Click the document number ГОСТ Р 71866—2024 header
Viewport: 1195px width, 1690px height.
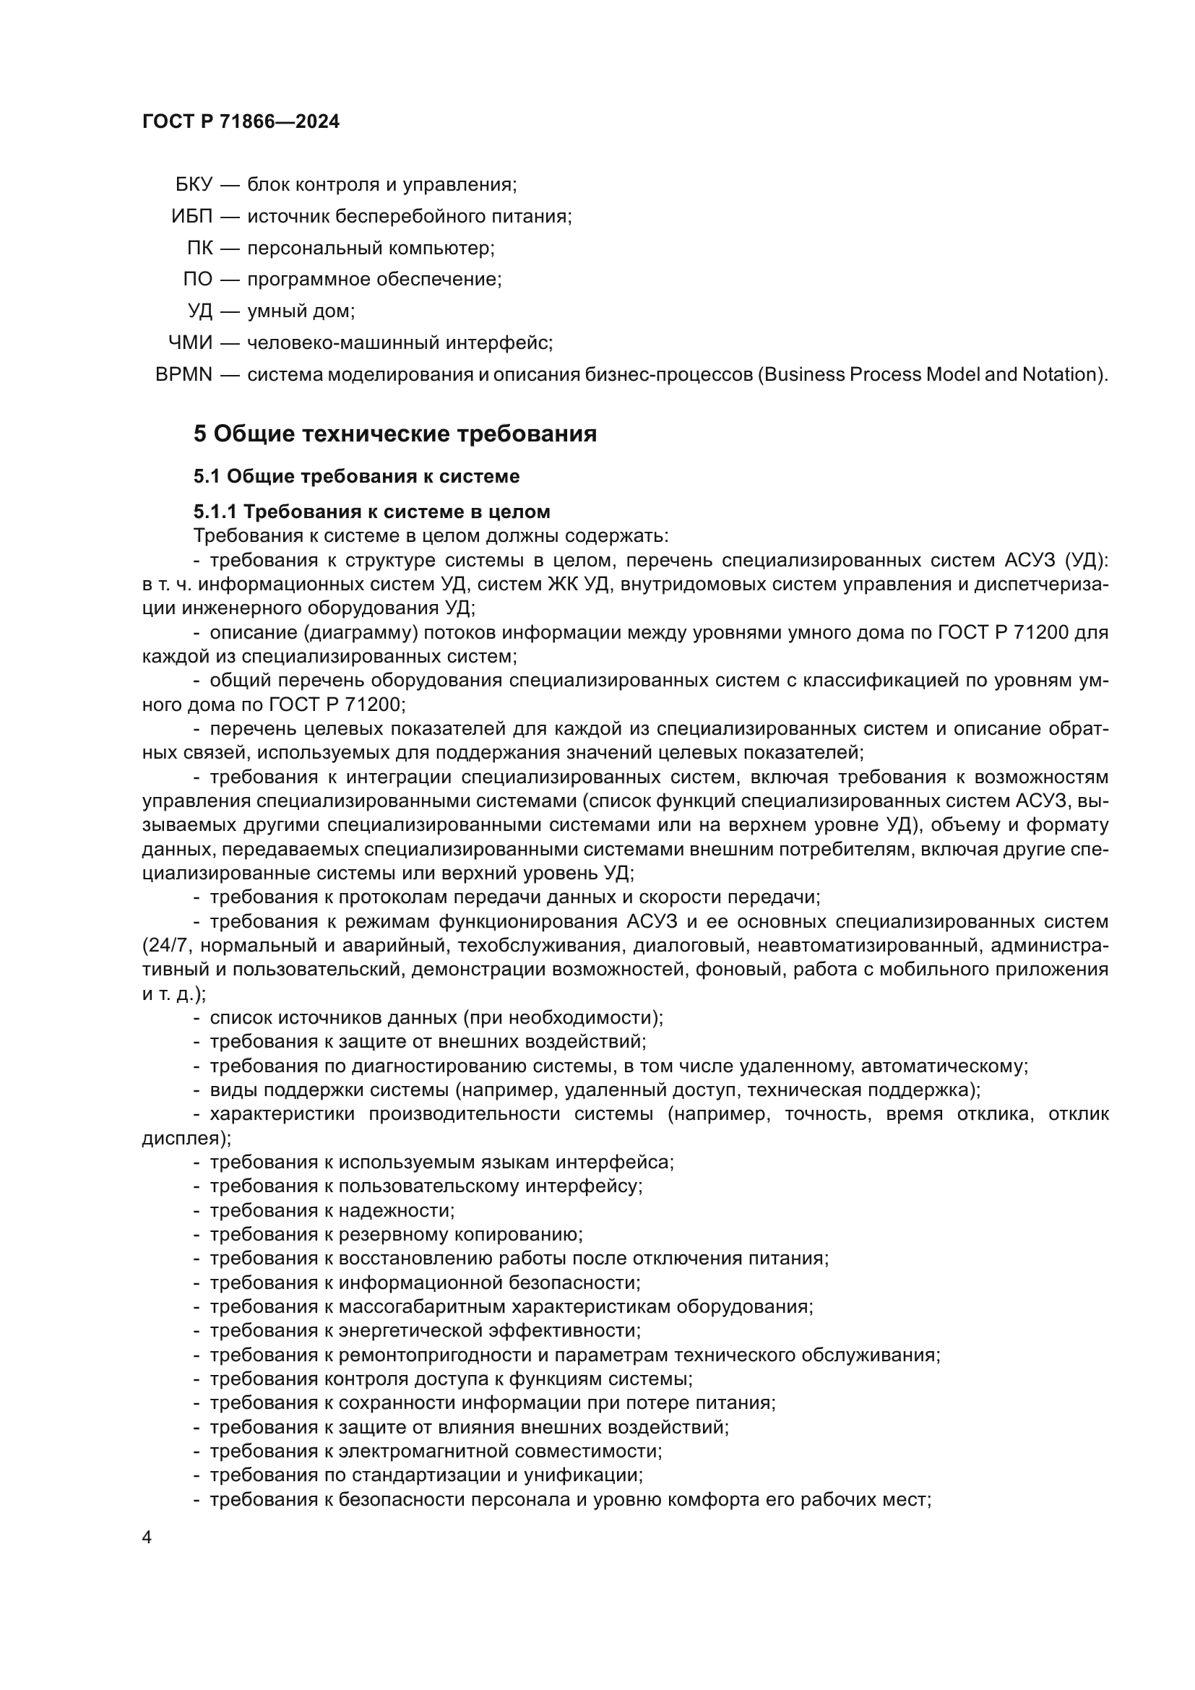tap(241, 122)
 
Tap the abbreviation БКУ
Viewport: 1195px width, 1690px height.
tap(194, 185)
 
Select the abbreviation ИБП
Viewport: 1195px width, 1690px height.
tap(192, 217)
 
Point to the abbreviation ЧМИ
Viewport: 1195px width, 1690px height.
tap(191, 343)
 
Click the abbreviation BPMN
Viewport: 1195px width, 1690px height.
tap(184, 375)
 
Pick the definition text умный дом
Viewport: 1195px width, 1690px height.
tap(301, 311)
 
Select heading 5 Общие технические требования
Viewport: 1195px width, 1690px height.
tap(395, 434)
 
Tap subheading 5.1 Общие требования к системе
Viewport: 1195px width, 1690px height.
tap(357, 477)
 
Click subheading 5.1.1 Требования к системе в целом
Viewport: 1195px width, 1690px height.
tap(371, 512)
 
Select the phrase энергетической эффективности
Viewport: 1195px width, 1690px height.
tap(488, 1331)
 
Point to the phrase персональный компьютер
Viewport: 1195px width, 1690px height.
tap(370, 248)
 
